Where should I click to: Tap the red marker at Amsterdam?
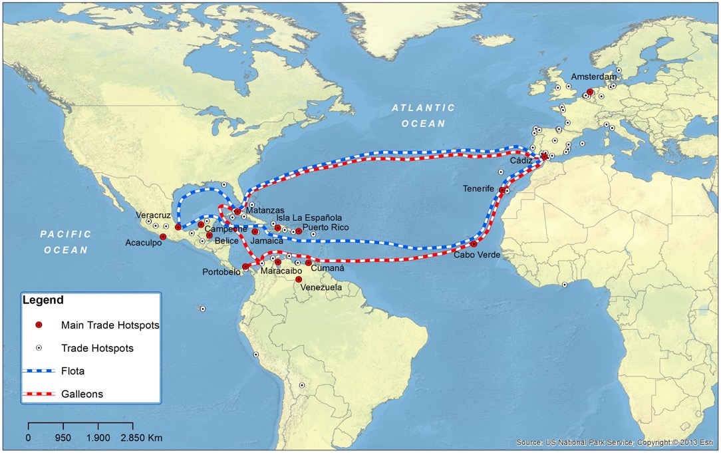coord(590,92)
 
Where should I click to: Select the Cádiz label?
coord(521,160)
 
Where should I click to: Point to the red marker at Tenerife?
coord(502,190)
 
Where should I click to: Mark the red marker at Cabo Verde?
coord(474,244)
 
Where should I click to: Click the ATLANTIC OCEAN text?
coord(423,115)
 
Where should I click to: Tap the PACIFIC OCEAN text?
coord(65,241)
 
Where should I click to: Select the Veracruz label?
coord(154,216)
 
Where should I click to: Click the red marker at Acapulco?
coord(163,237)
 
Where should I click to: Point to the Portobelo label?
coord(222,271)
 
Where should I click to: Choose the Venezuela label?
coord(321,287)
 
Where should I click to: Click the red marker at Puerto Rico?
coord(299,231)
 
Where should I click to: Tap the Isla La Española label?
coord(309,218)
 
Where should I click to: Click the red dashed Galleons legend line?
coord(37,394)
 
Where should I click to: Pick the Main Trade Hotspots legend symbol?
coord(39,325)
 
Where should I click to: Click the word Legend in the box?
coord(43,300)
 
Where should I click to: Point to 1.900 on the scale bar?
coord(98,438)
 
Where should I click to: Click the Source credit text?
coord(616,442)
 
